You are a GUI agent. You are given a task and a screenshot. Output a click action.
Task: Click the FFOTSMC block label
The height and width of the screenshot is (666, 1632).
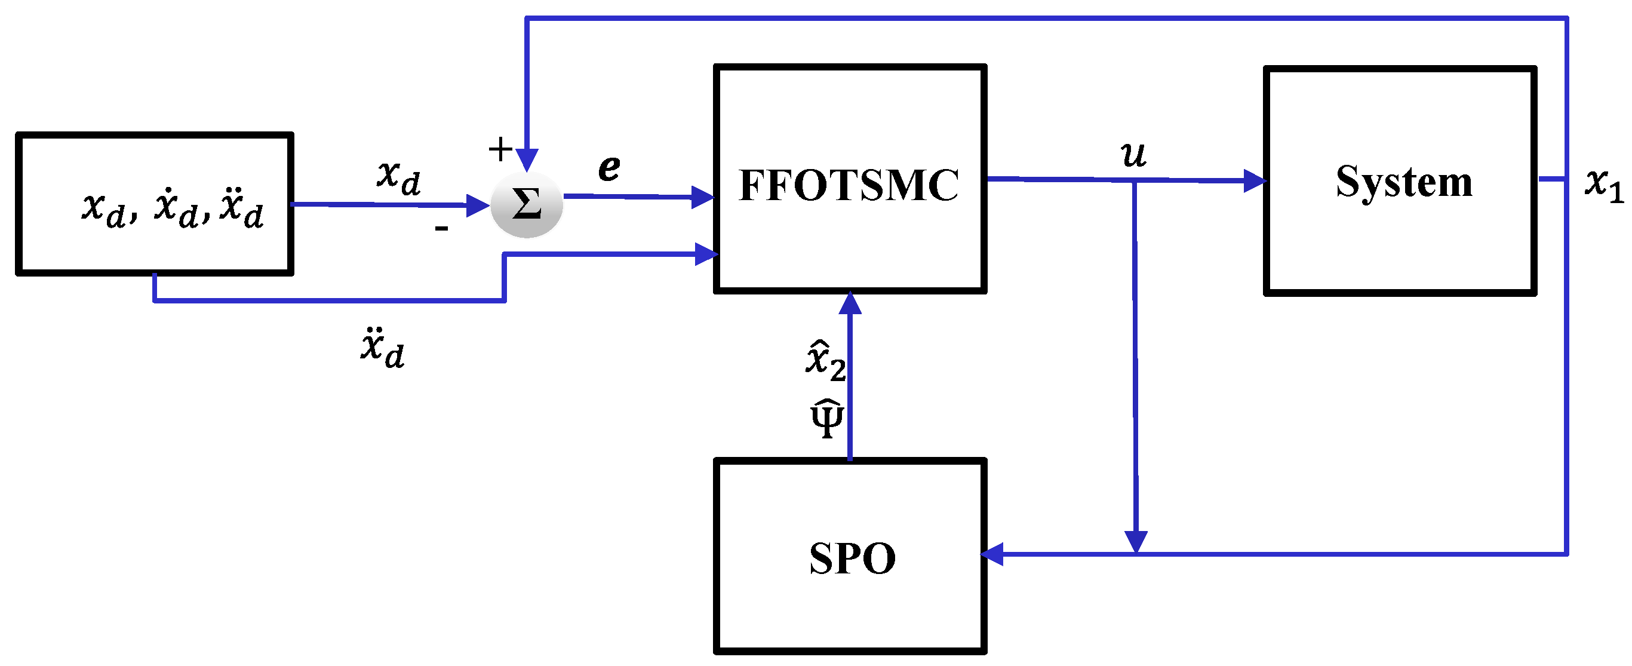849,185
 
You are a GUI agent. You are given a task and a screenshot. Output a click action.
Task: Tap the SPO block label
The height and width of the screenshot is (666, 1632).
852,558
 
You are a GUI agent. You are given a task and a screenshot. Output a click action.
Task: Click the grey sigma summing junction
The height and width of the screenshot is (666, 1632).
527,204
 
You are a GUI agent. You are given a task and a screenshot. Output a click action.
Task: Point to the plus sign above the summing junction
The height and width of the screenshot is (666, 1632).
500,149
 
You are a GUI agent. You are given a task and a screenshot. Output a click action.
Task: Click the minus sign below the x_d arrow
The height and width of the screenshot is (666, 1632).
441,228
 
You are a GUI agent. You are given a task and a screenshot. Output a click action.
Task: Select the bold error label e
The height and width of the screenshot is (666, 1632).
609,167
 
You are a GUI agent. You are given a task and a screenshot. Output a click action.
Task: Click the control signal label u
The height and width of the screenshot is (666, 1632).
1133,154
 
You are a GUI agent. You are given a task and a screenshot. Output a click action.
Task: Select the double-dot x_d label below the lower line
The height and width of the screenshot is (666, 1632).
382,348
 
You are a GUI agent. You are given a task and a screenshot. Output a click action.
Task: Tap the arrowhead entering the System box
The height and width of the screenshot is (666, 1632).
1254,180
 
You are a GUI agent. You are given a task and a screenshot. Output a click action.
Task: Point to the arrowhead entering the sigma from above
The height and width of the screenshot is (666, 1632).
527,159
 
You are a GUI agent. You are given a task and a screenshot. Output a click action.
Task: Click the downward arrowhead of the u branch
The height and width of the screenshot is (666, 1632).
1136,541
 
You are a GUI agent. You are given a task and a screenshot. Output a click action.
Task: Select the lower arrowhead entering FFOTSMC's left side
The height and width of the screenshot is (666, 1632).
706,254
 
